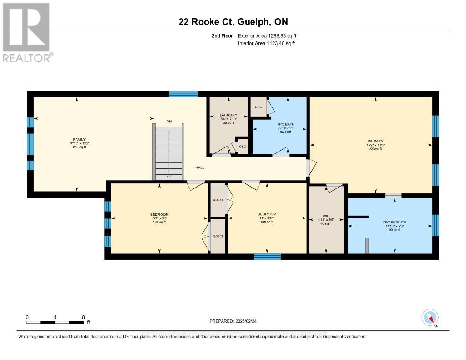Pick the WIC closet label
[325, 216]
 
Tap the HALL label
[199, 167]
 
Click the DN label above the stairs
[168, 121]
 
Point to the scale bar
[55, 322]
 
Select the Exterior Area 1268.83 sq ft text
[267, 35]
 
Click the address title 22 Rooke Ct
[233, 22]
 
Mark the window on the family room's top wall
[183, 94]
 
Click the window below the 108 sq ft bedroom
[267, 257]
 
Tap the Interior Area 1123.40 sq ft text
[266, 43]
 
